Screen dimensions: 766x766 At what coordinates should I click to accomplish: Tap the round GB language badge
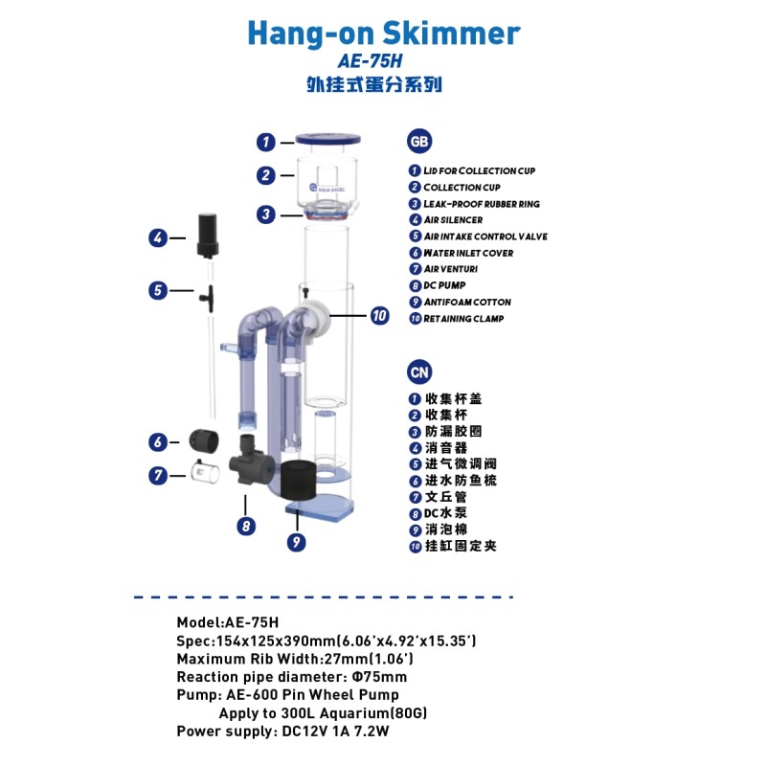[418, 141]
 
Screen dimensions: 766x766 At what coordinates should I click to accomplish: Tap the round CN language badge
[418, 372]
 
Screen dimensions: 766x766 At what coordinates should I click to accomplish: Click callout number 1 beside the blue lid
[266, 142]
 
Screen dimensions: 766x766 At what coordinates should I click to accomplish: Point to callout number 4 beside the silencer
[159, 237]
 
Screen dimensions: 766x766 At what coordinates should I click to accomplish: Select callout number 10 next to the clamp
[380, 314]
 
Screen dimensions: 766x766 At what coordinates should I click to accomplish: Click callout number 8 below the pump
[246, 525]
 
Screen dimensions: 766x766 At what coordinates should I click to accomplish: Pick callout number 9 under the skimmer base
[296, 541]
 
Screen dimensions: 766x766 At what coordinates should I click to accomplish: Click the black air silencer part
[208, 235]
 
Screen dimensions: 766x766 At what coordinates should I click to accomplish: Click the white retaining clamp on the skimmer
[312, 319]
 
